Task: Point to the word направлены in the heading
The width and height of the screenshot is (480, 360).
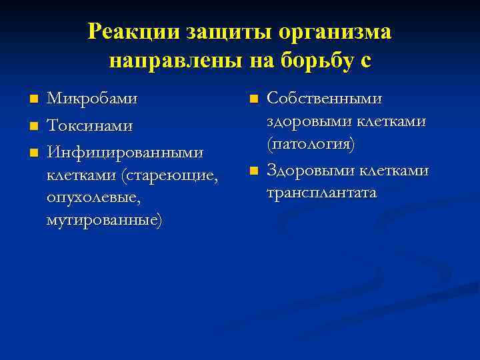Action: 177,61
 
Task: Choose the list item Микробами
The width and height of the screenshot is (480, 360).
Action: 92,99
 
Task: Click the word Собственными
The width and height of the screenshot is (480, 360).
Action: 325,99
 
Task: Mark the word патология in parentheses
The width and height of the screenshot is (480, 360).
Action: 311,144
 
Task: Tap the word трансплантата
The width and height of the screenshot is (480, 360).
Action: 322,193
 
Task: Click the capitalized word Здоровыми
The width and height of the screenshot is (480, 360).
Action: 309,171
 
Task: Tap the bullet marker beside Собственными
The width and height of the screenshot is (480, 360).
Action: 253,99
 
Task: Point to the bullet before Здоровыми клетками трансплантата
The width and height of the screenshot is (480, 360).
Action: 253,171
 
